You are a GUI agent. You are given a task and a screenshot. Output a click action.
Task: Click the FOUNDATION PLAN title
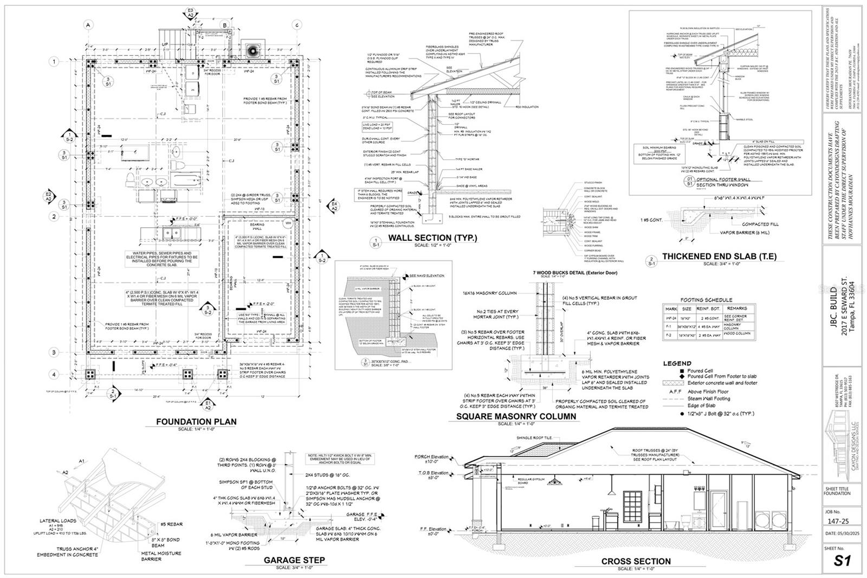pos(196,421)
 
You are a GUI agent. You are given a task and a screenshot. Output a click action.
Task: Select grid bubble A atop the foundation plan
pos(89,24)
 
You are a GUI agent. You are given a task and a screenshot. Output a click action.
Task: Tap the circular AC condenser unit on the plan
pos(253,50)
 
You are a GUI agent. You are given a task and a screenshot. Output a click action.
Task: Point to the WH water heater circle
pos(288,223)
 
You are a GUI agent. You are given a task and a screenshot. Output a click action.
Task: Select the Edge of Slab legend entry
pos(702,406)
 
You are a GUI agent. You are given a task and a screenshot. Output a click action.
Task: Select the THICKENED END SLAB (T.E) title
pos(719,256)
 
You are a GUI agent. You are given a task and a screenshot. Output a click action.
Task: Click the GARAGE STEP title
pos(294,560)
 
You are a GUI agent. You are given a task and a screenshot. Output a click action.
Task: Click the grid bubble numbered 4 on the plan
pos(54,374)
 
